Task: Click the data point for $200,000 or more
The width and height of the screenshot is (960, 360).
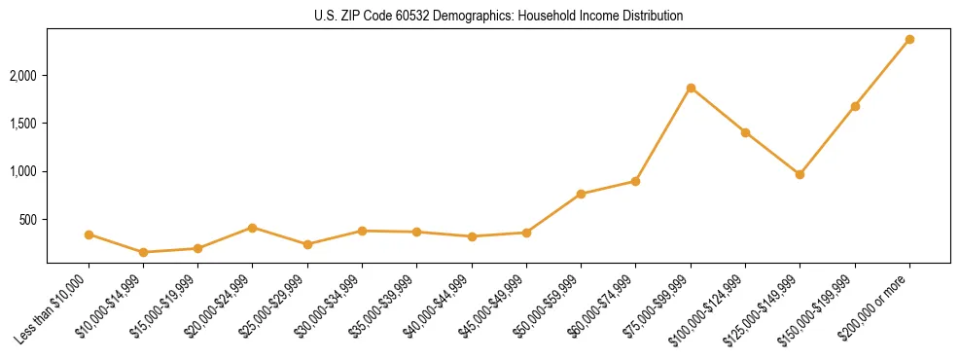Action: [909, 39]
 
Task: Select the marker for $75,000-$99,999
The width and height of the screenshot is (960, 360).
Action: [691, 88]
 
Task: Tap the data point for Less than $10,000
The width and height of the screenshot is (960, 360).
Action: [89, 234]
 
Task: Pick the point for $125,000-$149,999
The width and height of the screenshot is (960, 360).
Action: [800, 174]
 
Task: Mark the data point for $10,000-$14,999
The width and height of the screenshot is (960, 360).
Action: [144, 252]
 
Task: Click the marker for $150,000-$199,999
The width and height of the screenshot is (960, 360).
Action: [855, 106]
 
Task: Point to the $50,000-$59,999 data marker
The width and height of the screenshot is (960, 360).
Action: [581, 194]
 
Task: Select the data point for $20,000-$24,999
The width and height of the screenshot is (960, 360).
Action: [253, 228]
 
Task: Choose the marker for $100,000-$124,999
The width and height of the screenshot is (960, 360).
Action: [745, 132]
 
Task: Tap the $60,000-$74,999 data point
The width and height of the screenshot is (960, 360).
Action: [635, 181]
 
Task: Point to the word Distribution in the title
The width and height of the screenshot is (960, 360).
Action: [649, 17]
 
